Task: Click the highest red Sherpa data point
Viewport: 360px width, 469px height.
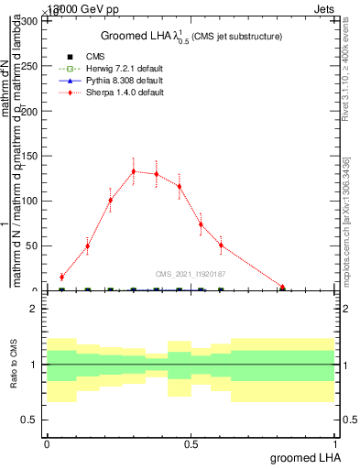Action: (x=134, y=171)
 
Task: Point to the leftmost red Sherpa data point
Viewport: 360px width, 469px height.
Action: (x=61, y=277)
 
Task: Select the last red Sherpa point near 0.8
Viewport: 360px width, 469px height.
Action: (x=283, y=288)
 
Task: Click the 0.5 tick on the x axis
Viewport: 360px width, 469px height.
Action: (x=191, y=444)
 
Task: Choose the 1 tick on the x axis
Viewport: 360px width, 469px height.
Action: (x=335, y=444)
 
